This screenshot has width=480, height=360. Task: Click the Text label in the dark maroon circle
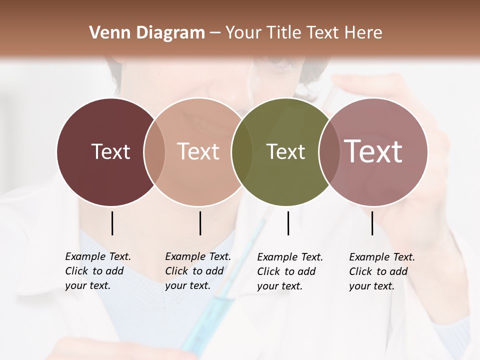[110, 151]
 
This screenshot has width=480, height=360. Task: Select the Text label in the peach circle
[198, 151]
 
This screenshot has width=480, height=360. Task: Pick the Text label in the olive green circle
[285, 151]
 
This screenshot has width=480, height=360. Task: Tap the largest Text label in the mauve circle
[373, 151]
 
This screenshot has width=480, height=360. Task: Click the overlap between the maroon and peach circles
[154, 151]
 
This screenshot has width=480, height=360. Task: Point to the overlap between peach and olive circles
[242, 151]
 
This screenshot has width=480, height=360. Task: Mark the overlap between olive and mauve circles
[329, 151]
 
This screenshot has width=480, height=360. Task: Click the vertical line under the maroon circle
[112, 223]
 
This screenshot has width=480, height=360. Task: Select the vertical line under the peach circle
[200, 223]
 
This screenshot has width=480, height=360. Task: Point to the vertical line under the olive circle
[288, 223]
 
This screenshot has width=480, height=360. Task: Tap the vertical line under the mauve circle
[372, 223]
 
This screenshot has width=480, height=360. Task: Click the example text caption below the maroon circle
[98, 271]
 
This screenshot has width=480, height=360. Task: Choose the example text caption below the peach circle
[198, 271]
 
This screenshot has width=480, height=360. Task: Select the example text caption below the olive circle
[290, 271]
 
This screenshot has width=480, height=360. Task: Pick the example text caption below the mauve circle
[382, 271]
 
